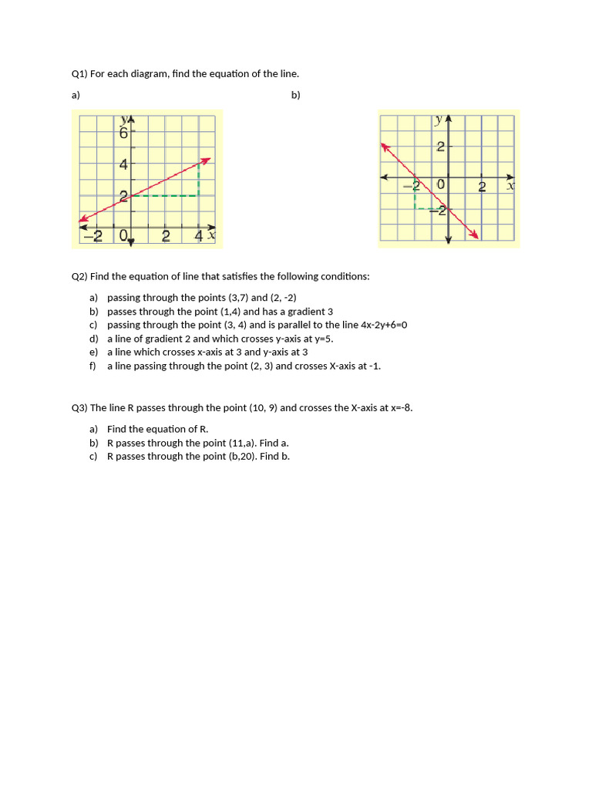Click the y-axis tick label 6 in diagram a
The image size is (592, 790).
tap(123, 133)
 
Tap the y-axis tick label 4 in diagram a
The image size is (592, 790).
tap(123, 164)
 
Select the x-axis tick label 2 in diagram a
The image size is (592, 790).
tap(166, 236)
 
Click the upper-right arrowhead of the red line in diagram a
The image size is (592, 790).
tap(206, 161)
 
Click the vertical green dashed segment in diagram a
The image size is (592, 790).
tap(199, 179)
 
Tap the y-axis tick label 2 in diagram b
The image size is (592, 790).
tap(440, 147)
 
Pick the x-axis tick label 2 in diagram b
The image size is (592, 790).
tap(482, 187)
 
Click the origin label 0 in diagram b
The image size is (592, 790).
tap(441, 185)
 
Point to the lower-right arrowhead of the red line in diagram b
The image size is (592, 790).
tap(475, 235)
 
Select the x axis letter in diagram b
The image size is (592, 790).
tap(510, 185)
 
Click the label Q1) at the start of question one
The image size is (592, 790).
tap(79, 74)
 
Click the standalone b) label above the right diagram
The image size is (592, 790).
tap(296, 95)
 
